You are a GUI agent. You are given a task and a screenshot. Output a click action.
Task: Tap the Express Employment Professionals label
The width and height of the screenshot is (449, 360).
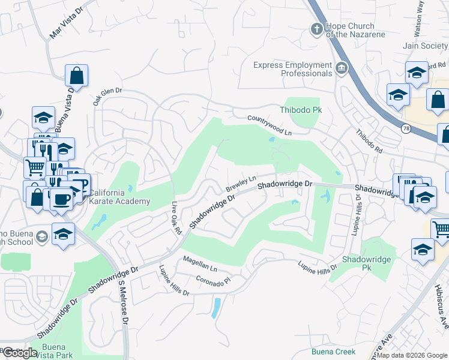(292, 69)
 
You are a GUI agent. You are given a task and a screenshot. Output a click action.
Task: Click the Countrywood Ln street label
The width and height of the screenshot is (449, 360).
(270, 124)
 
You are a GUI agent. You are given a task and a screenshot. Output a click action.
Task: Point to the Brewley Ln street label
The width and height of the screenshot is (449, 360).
(241, 183)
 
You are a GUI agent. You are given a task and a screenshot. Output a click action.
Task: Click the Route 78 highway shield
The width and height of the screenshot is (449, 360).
(406, 128)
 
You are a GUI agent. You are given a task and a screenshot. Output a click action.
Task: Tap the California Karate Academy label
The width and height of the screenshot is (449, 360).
(119, 197)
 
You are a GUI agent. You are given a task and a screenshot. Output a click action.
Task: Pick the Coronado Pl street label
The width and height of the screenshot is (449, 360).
(213, 281)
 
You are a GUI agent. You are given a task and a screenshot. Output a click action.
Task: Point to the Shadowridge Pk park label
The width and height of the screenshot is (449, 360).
(366, 263)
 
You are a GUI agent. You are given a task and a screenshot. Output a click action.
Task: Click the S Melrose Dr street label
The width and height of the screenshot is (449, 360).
(123, 304)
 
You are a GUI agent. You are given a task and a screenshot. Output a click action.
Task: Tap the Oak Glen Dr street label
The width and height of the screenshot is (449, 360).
(107, 97)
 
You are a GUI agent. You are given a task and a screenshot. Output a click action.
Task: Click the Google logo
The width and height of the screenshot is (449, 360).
(20, 352)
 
